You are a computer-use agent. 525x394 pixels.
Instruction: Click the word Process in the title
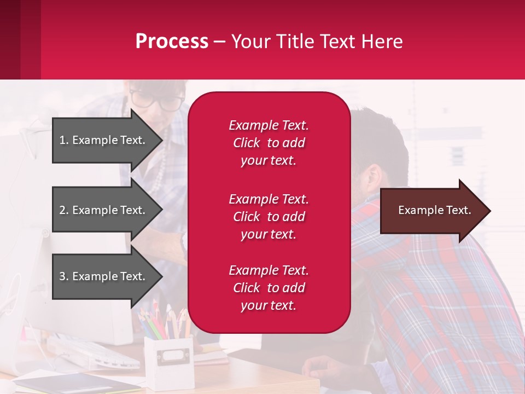pos(172,42)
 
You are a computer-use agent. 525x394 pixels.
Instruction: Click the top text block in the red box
pos(269,143)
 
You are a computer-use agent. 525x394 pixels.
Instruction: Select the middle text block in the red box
pos(269,217)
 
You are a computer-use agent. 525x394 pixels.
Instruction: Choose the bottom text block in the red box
pos(269,288)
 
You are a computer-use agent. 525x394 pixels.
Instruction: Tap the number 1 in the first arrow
pos(62,140)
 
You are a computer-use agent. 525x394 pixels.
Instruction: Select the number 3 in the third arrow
pos(62,276)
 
